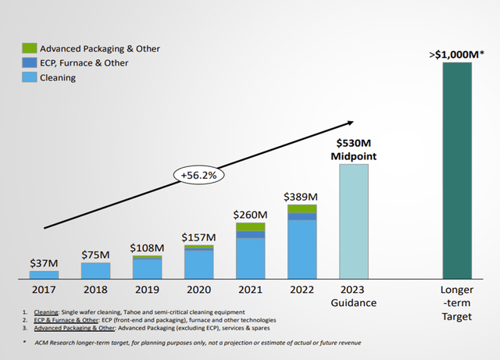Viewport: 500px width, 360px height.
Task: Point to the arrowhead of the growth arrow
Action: pyautogui.click(x=349, y=123)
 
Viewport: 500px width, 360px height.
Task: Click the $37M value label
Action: pyautogui.click(x=44, y=263)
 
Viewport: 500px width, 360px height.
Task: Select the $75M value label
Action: pyautogui.click(x=95, y=254)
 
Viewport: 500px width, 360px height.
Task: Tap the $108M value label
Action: pyautogui.click(x=147, y=247)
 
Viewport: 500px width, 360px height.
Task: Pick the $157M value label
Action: pyautogui.click(x=198, y=237)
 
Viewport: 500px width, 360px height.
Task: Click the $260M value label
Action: pyautogui.click(x=250, y=213)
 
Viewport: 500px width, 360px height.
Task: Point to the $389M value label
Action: pyautogui.click(x=302, y=195)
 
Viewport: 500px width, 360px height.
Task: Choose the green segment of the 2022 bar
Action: pyautogui.click(x=302, y=209)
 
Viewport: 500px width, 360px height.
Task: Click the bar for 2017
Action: pyautogui.click(x=44, y=275)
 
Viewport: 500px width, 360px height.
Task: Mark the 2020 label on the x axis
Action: pyautogui.click(x=198, y=289)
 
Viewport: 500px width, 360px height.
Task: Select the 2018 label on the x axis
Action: pyautogui.click(x=95, y=289)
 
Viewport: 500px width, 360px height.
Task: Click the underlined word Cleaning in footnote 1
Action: pyautogui.click(x=48, y=312)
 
